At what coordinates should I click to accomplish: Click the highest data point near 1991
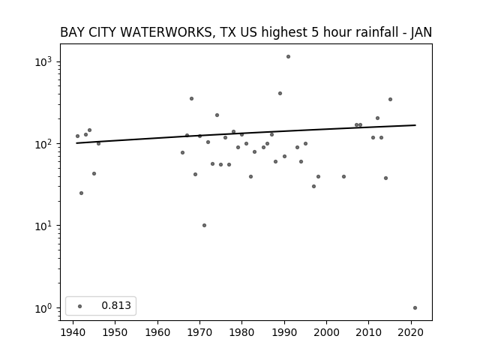[x=288, y=57]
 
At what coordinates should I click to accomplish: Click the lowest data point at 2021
[x=415, y=308]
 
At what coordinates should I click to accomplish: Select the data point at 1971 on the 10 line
[x=204, y=225]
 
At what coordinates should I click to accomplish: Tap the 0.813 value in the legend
[x=116, y=305]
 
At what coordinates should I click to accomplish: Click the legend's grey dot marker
[x=80, y=306]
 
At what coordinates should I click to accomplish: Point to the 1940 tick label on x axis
[x=73, y=333]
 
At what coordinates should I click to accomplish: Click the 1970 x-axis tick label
[x=200, y=333]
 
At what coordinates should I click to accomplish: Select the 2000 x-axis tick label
[x=327, y=333]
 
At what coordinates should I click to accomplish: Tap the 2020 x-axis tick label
[x=411, y=333]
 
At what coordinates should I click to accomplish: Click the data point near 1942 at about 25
[x=82, y=193]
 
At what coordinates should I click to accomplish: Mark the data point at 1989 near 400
[x=280, y=93]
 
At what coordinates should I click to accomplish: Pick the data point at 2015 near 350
[x=390, y=100]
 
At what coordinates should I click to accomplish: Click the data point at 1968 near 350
[x=192, y=98]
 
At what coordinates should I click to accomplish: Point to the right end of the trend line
[x=415, y=125]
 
